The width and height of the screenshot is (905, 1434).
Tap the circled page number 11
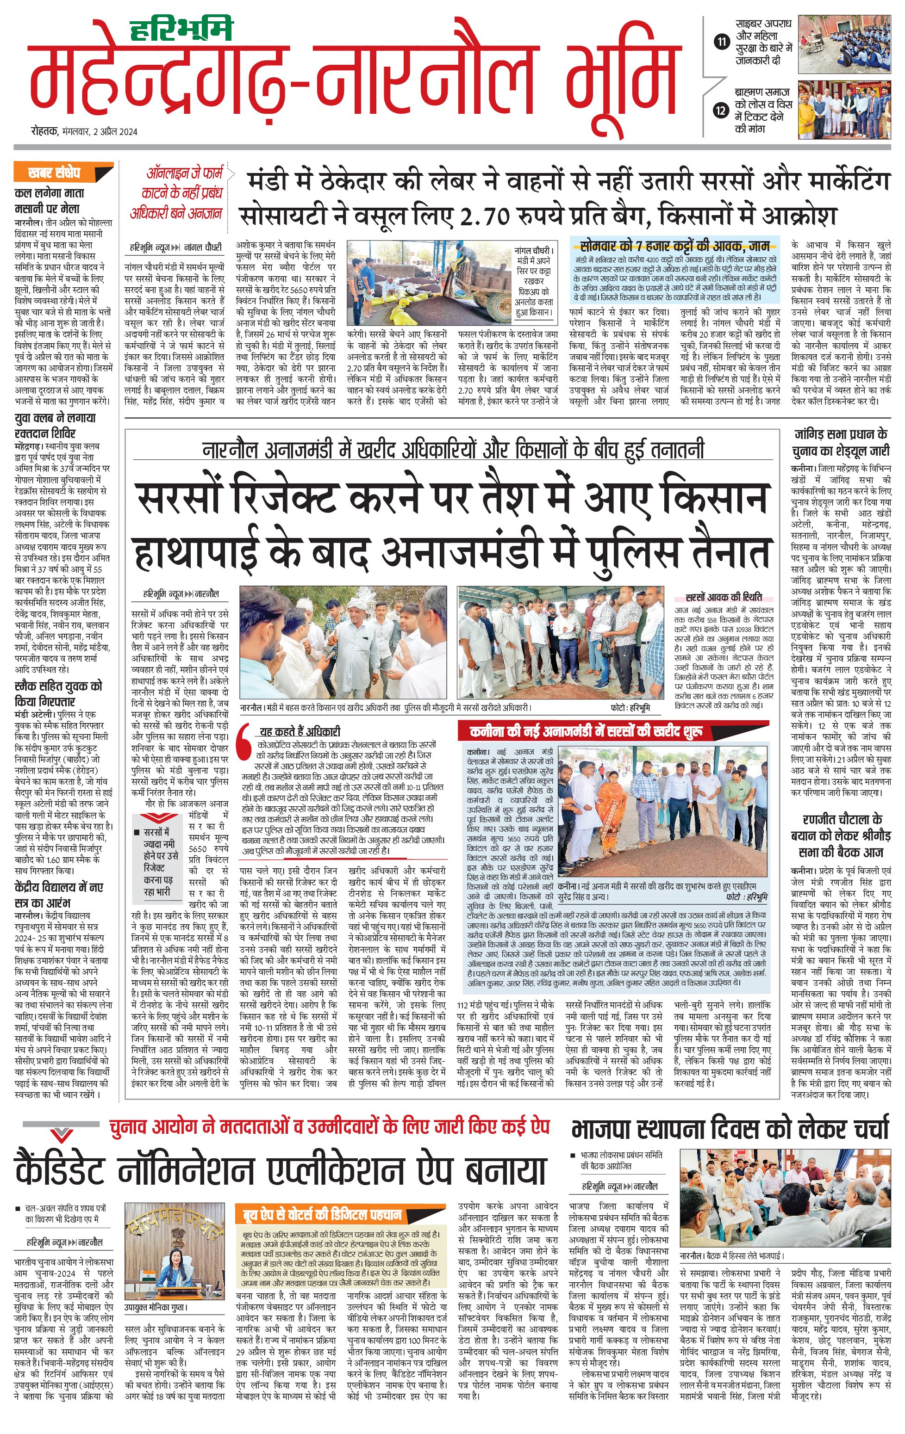(x=722, y=42)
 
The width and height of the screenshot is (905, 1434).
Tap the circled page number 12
(x=722, y=110)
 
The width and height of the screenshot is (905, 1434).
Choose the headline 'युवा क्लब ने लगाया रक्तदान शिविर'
(x=54, y=425)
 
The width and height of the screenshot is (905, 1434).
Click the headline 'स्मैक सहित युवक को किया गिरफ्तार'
(x=58, y=694)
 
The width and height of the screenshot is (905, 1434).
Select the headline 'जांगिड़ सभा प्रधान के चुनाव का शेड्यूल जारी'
(x=840, y=443)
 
